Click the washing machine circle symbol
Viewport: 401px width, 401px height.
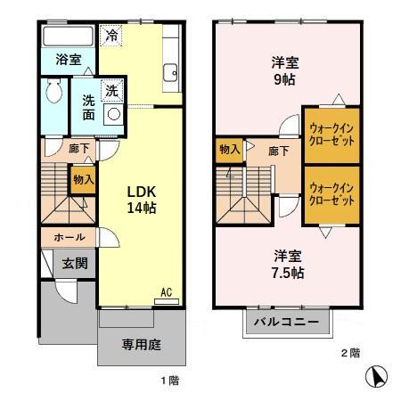(x=114, y=114)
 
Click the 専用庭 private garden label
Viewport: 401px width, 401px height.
(x=140, y=344)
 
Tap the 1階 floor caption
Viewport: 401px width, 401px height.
(x=170, y=381)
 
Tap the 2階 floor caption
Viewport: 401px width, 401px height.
(x=349, y=354)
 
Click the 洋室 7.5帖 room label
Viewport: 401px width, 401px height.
(x=288, y=265)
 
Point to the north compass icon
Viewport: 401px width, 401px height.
(x=379, y=377)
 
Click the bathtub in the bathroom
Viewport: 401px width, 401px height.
(x=68, y=37)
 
